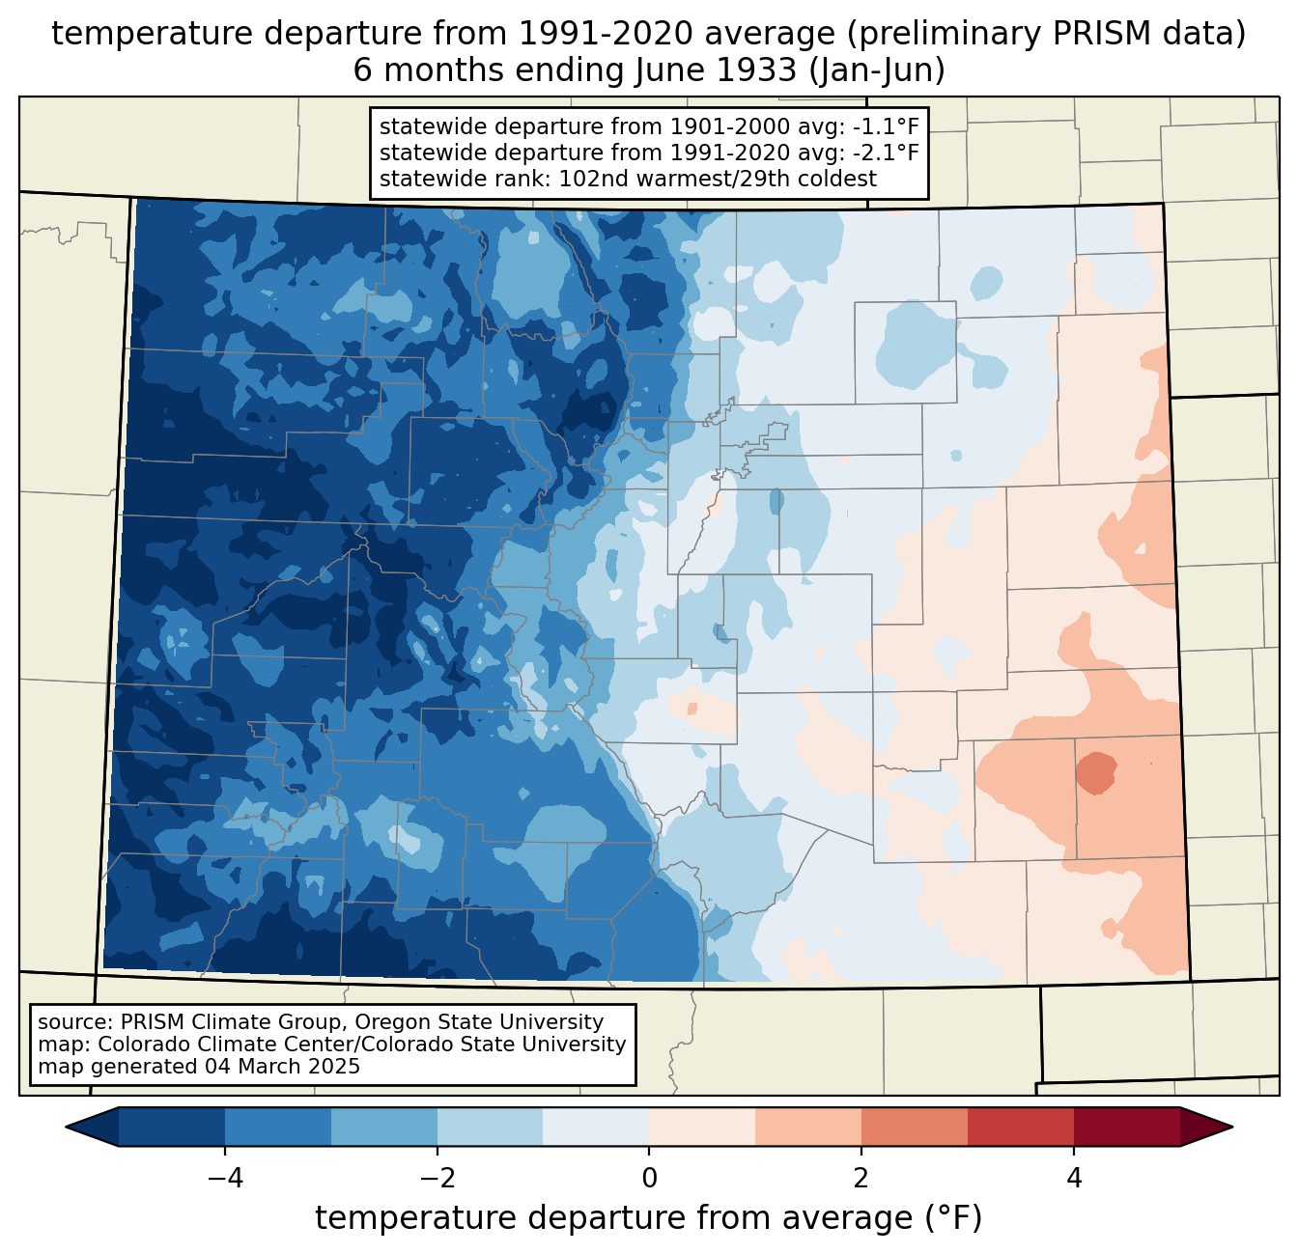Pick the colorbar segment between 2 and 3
coord(915,1127)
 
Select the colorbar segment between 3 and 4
coord(1021,1127)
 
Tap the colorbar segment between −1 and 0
coord(596,1127)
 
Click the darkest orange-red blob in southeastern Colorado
coord(1097,772)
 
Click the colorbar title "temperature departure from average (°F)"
coord(649,1218)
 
